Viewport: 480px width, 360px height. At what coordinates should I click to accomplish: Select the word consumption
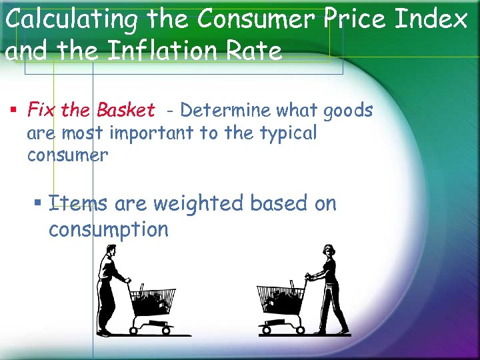tap(109, 231)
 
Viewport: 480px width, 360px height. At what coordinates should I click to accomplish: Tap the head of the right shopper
tap(328, 251)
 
